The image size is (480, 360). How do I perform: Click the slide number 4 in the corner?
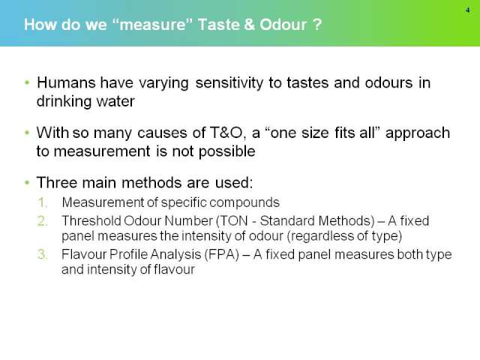click(x=467, y=10)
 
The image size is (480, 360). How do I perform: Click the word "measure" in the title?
click(x=152, y=25)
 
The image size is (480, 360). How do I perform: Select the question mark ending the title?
click(x=317, y=25)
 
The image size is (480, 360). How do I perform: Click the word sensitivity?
click(x=229, y=83)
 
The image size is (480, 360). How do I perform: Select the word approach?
click(x=418, y=133)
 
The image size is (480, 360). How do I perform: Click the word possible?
click(x=226, y=151)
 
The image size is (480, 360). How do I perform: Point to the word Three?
click(x=57, y=182)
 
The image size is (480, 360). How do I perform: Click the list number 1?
click(x=43, y=202)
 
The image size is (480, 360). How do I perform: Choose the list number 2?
click(x=43, y=220)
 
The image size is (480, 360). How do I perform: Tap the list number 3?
click(x=43, y=254)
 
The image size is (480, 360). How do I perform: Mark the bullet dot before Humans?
click(x=27, y=82)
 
